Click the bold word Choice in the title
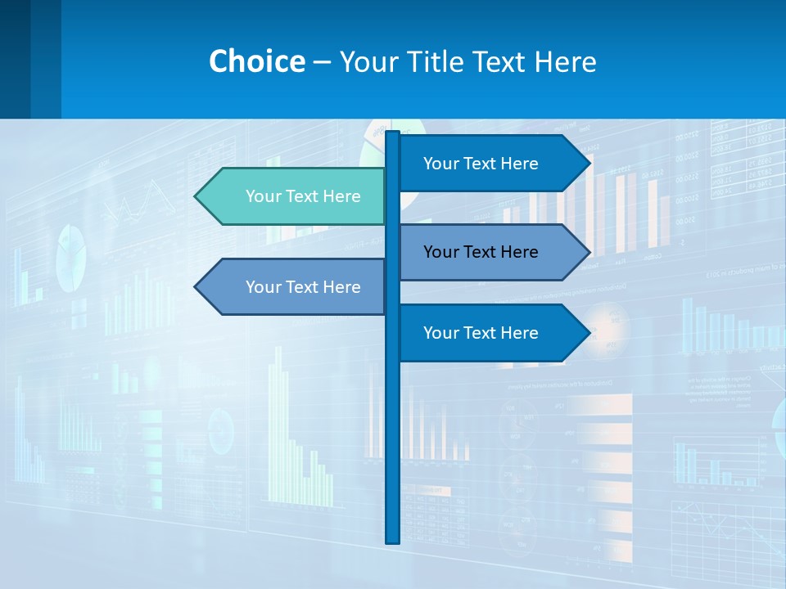pos(256,61)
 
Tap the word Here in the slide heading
pos(565,61)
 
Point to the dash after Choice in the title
pos(322,62)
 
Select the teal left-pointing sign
pos(295,196)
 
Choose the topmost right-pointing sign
pos(483,164)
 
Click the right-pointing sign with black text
pos(483,252)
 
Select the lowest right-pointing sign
pos(483,333)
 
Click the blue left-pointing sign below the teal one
pos(295,287)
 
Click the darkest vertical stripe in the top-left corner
pos(15,59)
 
